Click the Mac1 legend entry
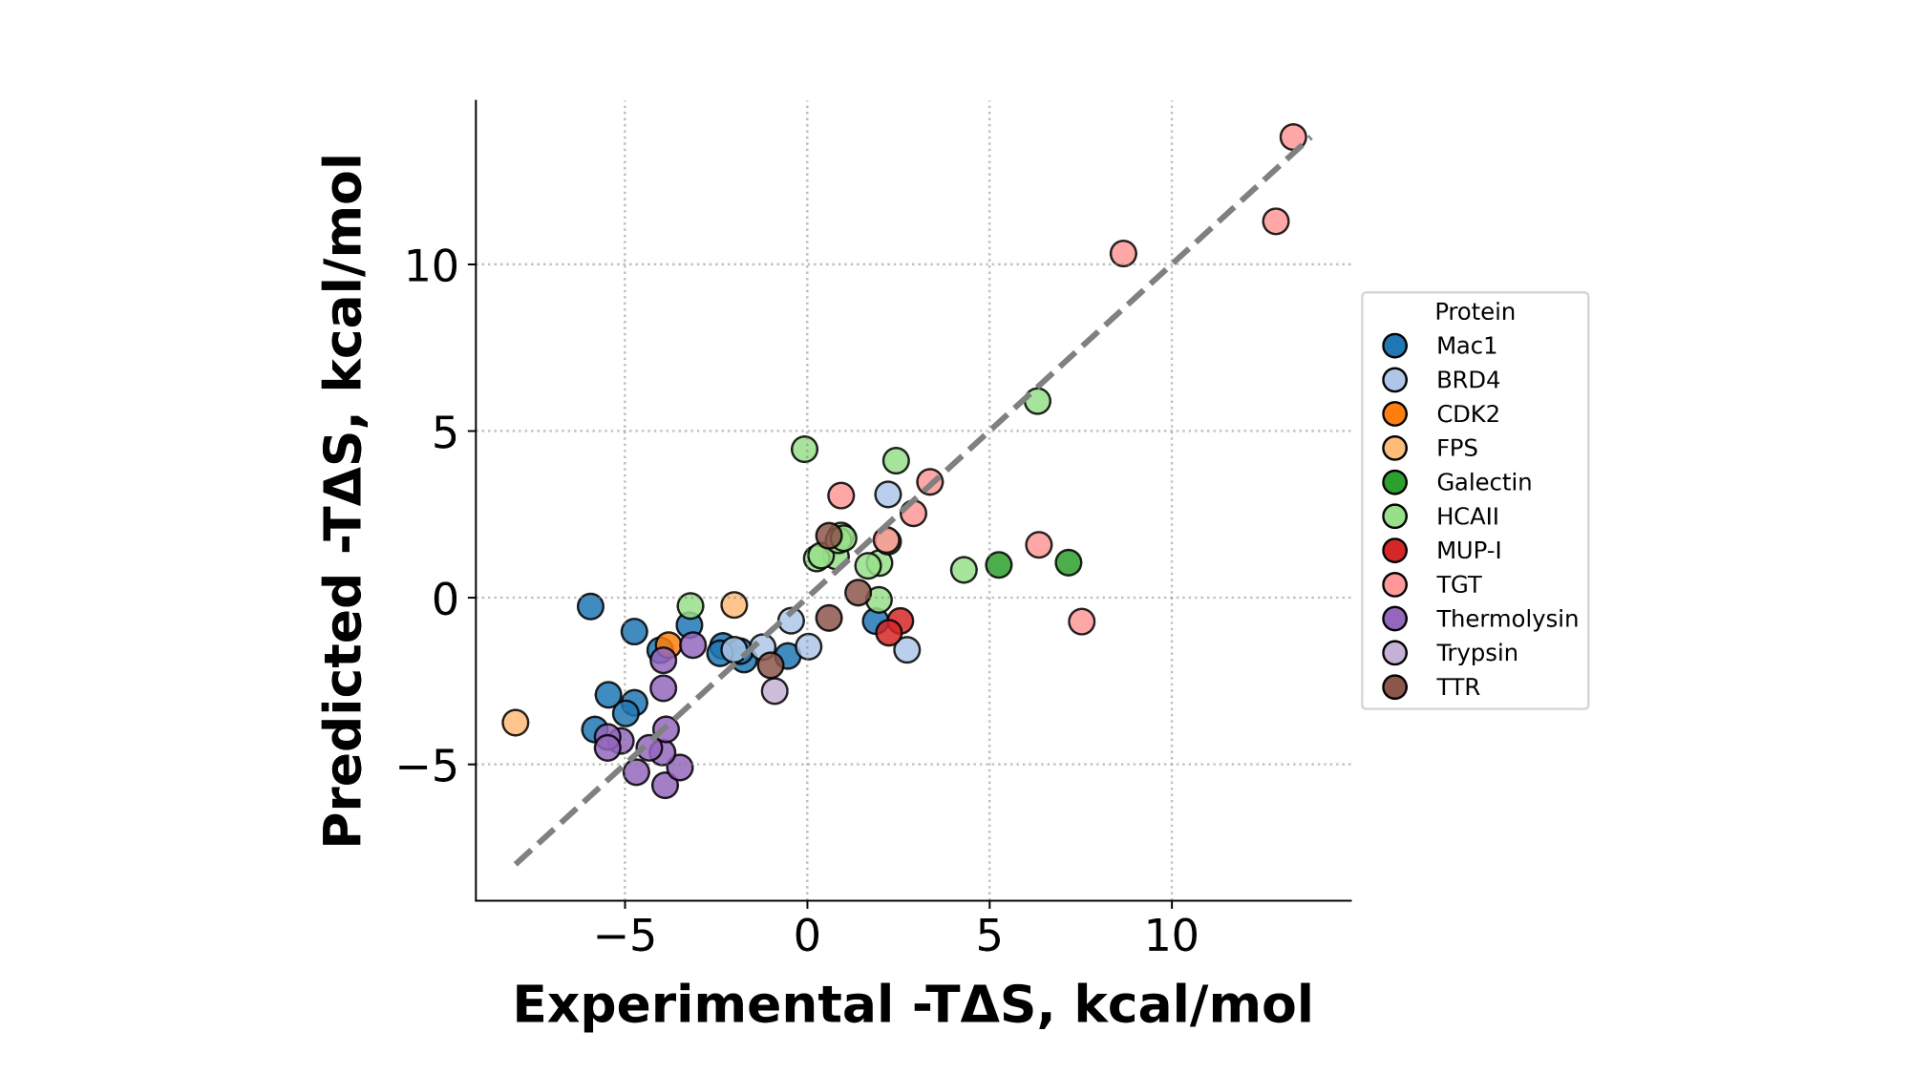(x=1466, y=346)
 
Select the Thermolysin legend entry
(x=1506, y=619)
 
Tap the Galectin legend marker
(x=1395, y=482)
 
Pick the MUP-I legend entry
(x=1468, y=551)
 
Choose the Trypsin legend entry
(x=1476, y=653)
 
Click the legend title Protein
(x=1475, y=312)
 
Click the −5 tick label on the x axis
(x=625, y=937)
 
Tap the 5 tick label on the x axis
(x=988, y=937)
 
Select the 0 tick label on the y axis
(x=445, y=600)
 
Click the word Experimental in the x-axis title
(x=702, y=1005)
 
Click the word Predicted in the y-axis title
(x=343, y=711)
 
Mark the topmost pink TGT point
(x=1293, y=137)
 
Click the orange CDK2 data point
(x=668, y=644)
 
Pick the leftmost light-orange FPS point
(x=515, y=723)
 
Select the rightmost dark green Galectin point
(x=1069, y=562)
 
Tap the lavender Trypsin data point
(x=775, y=690)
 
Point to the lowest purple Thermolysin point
(x=665, y=786)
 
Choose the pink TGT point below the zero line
(x=1081, y=621)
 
